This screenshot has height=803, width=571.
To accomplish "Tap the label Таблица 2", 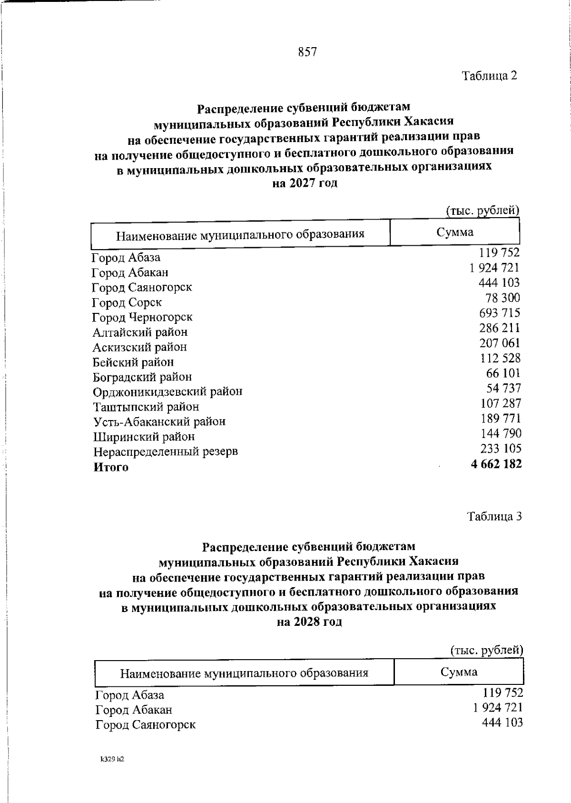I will point(489,76).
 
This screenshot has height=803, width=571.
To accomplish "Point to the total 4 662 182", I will point(496,464).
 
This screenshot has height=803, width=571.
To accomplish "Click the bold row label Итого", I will point(111,467).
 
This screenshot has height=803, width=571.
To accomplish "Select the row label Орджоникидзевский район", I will point(167,392).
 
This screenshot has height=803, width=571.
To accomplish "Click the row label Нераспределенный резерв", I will point(165,452).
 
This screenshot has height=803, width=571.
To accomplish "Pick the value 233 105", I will point(501,449).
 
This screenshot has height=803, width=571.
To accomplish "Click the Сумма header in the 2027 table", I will point(455,232).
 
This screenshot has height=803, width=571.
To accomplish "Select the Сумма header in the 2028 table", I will point(459,673).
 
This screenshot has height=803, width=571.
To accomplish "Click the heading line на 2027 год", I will point(305,183).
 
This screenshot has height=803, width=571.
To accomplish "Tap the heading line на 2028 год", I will point(309,622).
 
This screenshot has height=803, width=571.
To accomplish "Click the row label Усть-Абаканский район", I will point(159,422).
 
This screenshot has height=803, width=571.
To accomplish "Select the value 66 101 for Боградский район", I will point(503,373).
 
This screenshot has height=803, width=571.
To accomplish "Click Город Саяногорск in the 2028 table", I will point(146,725).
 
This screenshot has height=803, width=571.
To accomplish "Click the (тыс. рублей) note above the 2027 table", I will point(482,210).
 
